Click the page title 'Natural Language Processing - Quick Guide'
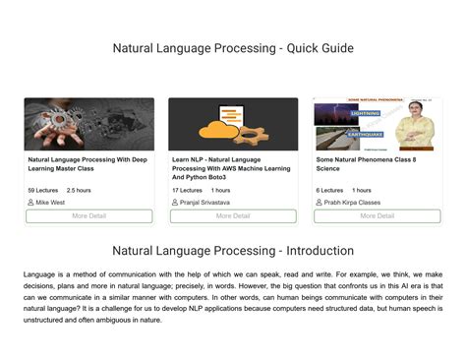(233, 48)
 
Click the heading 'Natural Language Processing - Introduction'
(233, 251)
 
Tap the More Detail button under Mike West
(88, 215)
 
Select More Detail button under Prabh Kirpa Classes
(378, 215)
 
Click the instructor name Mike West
(50, 202)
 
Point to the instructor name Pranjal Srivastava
(206, 202)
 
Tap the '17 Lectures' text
(188, 190)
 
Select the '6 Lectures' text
(329, 190)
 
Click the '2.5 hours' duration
(79, 190)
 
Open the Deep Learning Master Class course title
(87, 163)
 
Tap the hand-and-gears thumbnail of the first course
(88, 124)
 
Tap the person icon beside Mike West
(30, 202)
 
